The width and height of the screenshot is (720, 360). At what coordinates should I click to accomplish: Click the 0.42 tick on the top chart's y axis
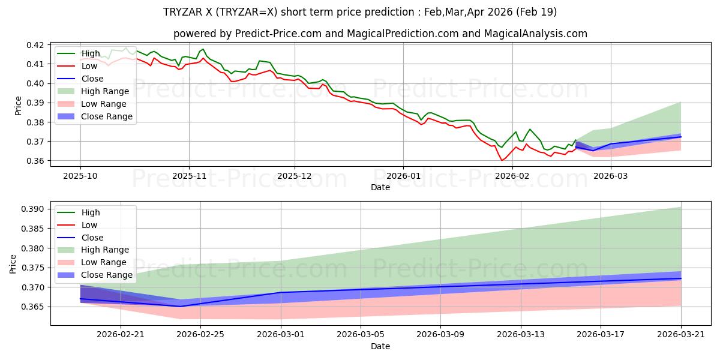[35, 45]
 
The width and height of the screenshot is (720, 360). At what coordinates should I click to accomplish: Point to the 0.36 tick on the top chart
[35, 161]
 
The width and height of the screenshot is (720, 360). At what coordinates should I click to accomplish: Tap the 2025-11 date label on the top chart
[189, 176]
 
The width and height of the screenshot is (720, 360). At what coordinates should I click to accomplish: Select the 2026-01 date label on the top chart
[403, 176]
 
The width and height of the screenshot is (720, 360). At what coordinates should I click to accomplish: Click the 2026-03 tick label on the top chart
[610, 176]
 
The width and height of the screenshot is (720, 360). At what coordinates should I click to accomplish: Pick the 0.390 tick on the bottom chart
[32, 209]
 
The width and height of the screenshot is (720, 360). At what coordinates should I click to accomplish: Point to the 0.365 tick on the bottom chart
[32, 307]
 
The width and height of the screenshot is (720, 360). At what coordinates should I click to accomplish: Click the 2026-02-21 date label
[121, 335]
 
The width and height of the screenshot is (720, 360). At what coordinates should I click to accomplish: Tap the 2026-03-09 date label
[440, 335]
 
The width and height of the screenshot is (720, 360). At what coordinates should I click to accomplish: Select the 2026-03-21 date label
[681, 335]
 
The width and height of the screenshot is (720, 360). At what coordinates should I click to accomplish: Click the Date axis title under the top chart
[380, 187]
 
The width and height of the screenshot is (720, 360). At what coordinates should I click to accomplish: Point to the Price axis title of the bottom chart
[13, 264]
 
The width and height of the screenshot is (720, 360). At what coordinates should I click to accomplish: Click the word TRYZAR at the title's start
[178, 12]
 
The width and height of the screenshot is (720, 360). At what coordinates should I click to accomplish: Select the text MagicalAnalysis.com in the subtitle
[535, 34]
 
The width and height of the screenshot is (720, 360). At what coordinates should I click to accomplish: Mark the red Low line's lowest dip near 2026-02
[502, 160]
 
